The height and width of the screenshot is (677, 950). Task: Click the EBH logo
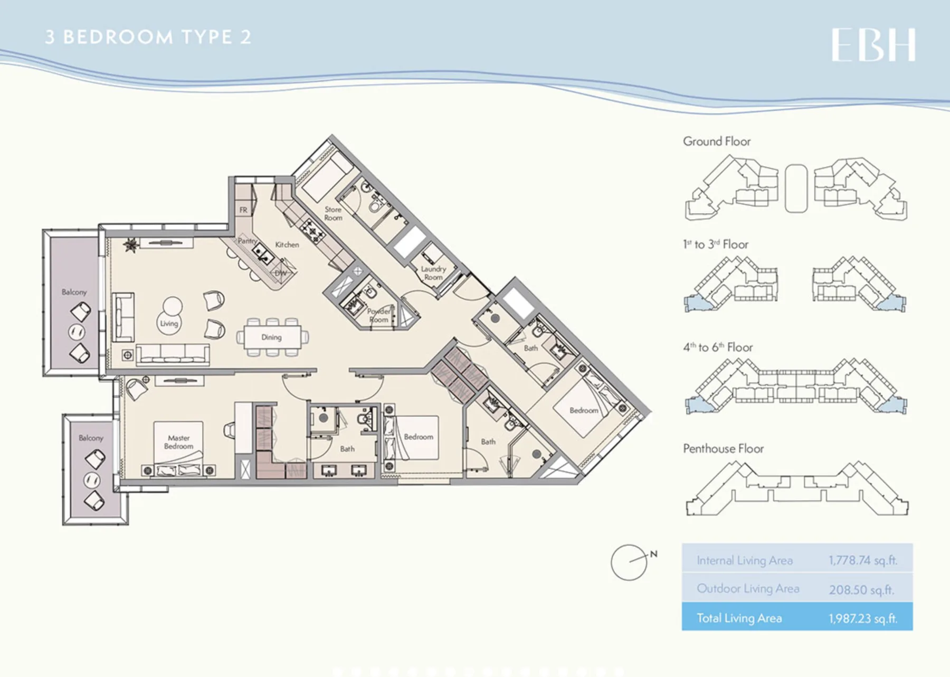click(x=873, y=45)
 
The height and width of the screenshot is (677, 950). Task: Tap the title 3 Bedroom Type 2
click(x=148, y=37)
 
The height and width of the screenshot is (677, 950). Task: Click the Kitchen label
click(x=287, y=245)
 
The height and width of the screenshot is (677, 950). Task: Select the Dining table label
click(x=271, y=337)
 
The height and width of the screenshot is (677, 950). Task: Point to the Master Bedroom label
click(x=179, y=442)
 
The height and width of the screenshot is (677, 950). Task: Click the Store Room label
click(x=333, y=213)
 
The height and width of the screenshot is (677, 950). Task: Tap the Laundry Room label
click(x=433, y=273)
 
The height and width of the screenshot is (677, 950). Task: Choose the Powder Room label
click(x=379, y=315)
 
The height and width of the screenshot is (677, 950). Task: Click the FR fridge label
click(x=243, y=210)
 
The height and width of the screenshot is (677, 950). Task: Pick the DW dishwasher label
click(x=281, y=273)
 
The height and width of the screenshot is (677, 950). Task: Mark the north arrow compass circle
click(x=629, y=562)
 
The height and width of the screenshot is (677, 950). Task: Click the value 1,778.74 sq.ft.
click(x=863, y=560)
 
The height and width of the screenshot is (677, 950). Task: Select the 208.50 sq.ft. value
click(x=861, y=589)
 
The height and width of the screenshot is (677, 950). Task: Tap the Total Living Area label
click(x=739, y=618)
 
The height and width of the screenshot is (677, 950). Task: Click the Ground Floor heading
click(x=717, y=142)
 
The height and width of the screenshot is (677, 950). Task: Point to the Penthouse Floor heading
click(x=724, y=449)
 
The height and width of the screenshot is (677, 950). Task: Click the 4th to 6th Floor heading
click(x=718, y=347)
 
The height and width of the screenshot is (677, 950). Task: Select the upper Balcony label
click(x=74, y=292)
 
